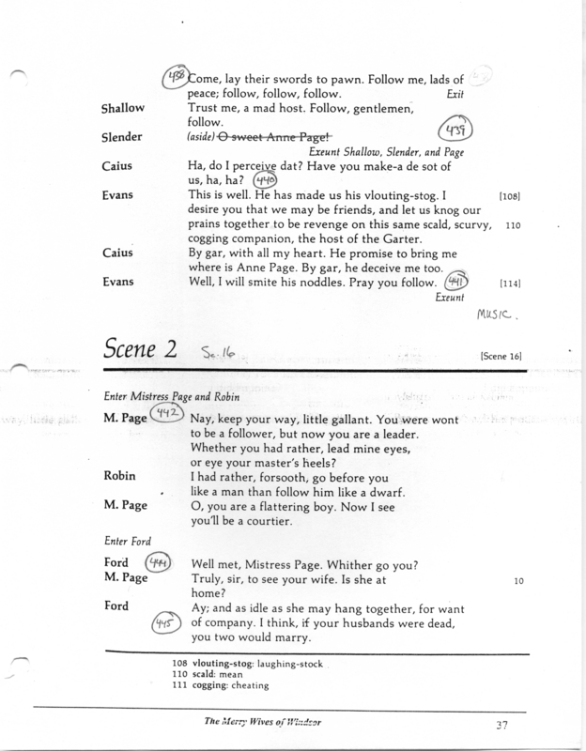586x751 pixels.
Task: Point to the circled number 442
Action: click(x=166, y=415)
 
